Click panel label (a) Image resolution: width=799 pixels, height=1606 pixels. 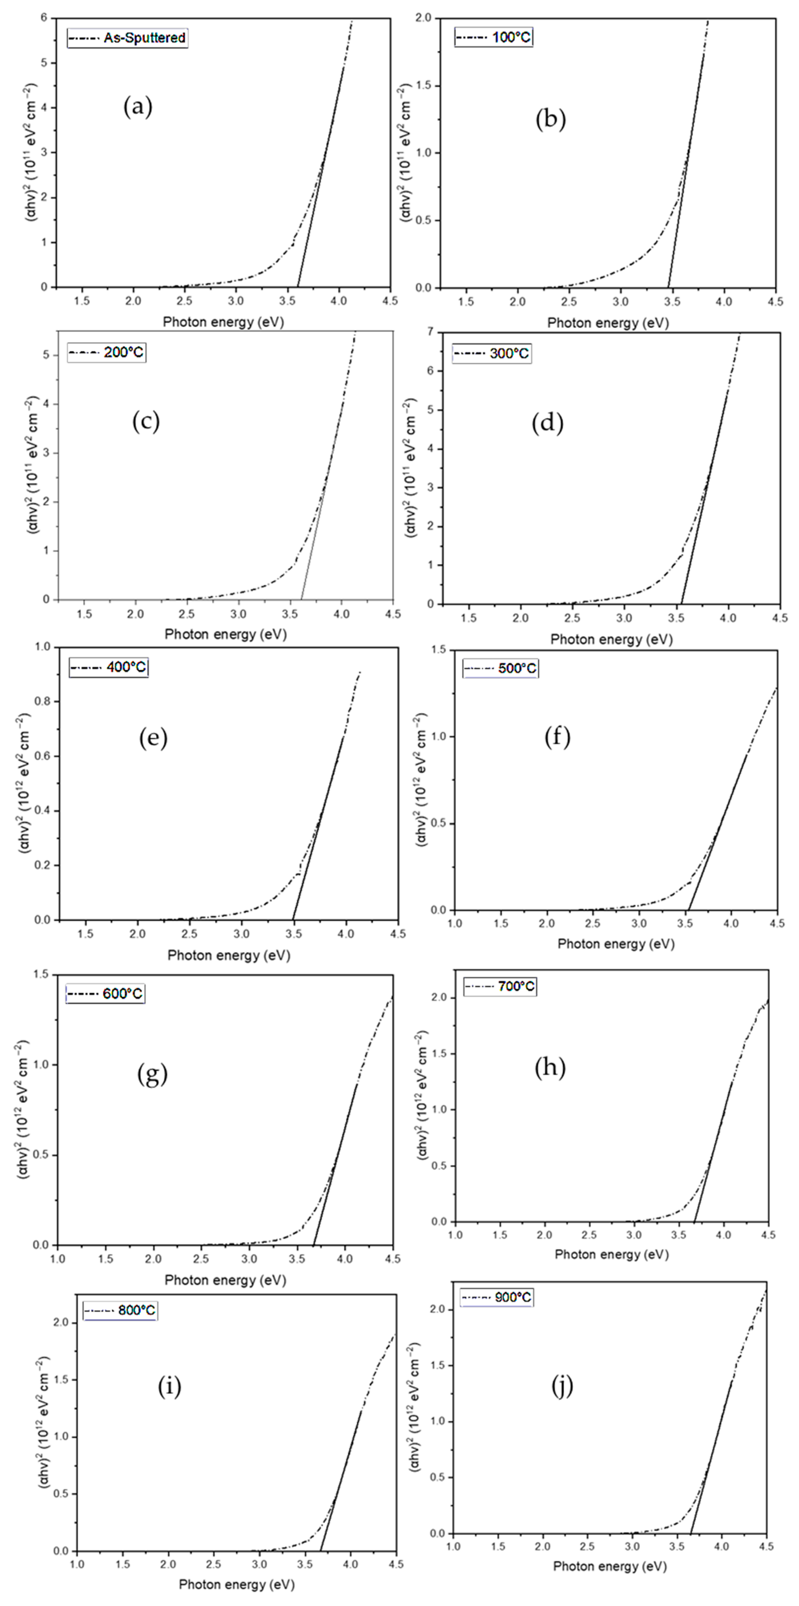tap(138, 107)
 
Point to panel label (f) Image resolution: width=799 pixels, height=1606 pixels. tap(557, 737)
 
